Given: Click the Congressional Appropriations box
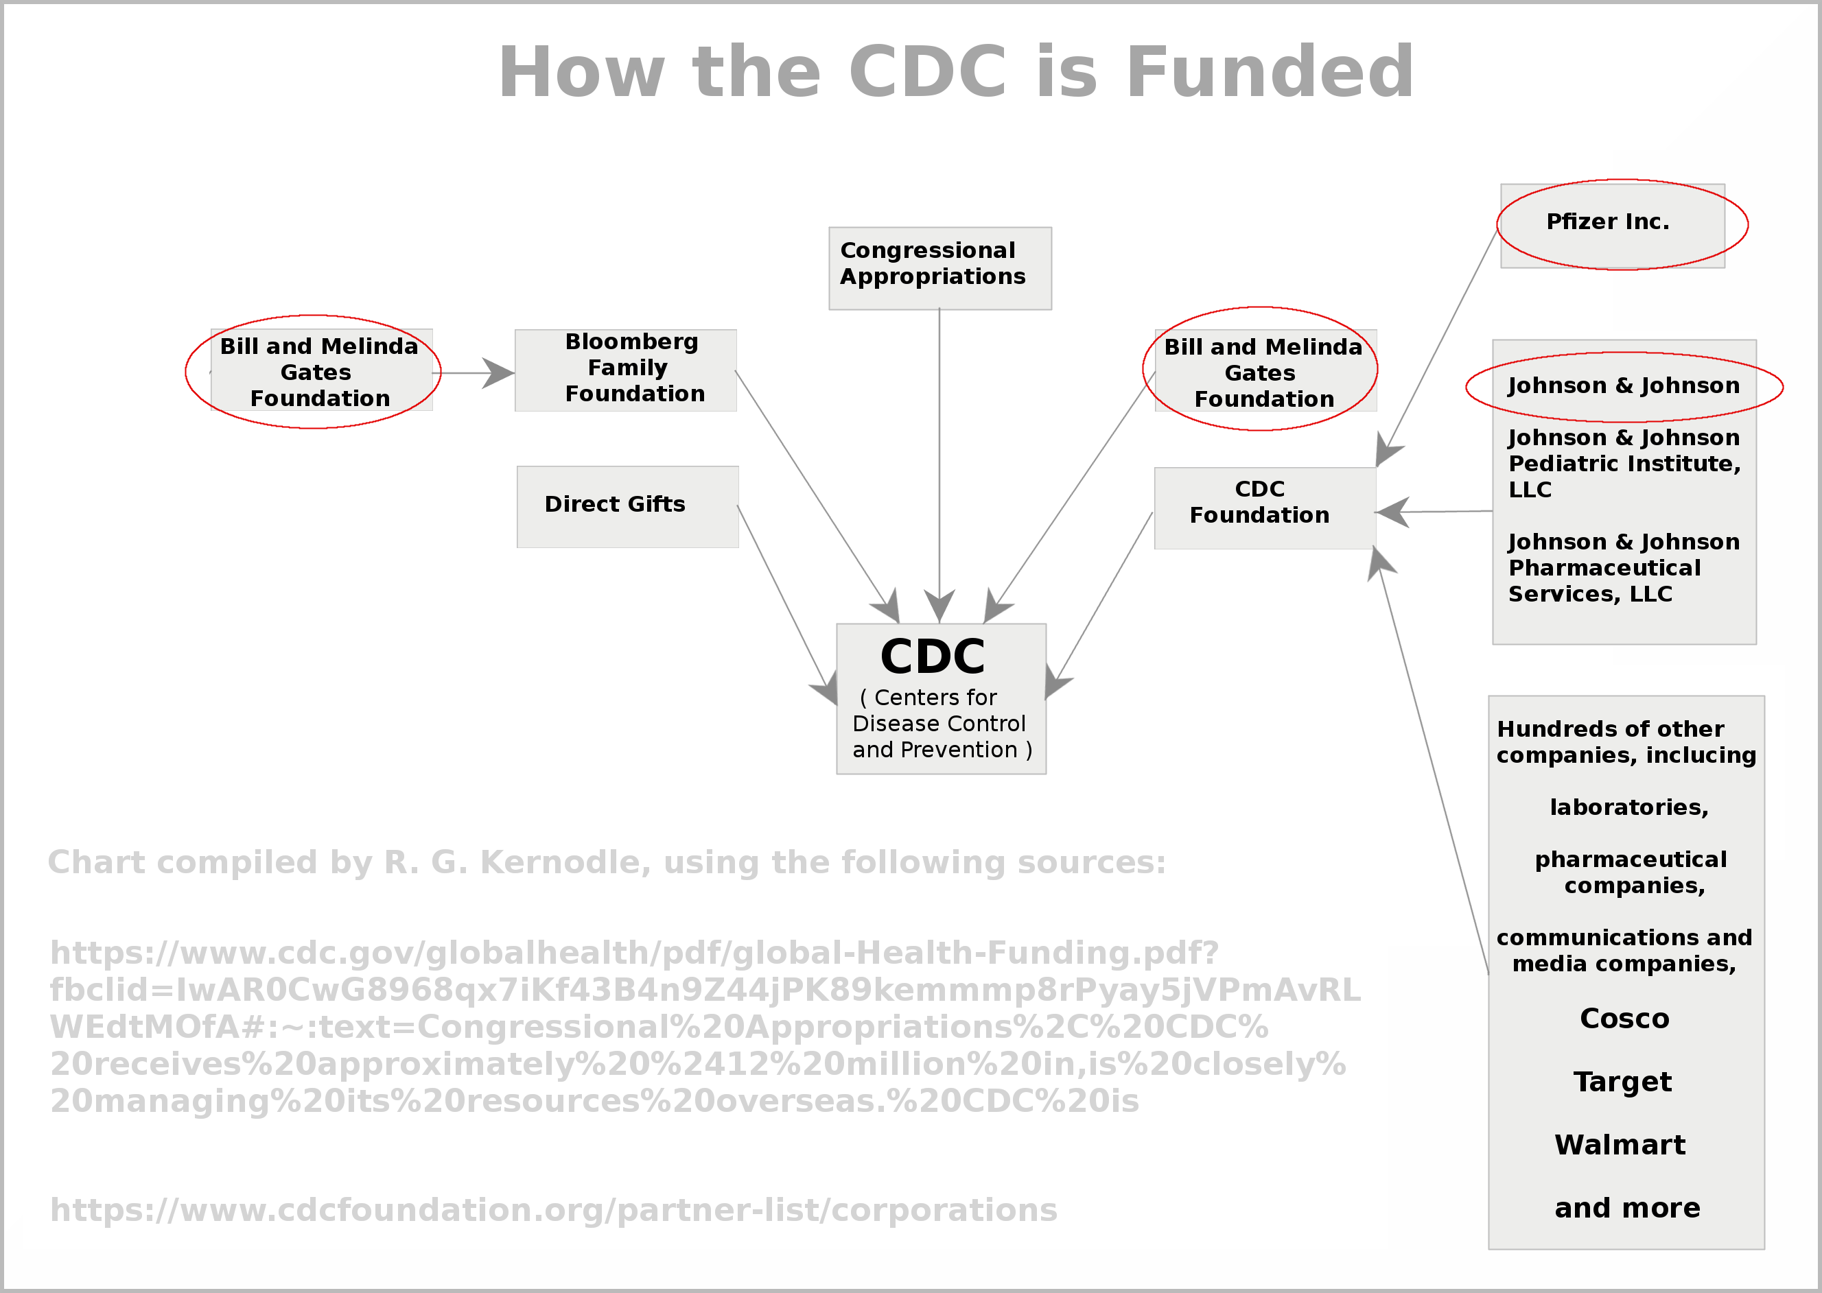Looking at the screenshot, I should click(x=939, y=268).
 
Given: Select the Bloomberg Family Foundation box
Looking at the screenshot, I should click(x=626, y=370).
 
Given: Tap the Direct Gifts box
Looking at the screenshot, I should click(x=627, y=506).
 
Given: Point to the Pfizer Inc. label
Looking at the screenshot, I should click(x=1608, y=222).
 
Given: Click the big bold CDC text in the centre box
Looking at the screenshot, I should click(x=933, y=657).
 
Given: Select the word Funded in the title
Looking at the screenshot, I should click(x=1270, y=73).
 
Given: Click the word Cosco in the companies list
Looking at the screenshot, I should click(x=1624, y=1019).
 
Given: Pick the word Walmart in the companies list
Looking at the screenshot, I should click(x=1620, y=1145).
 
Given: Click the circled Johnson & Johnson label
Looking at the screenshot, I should click(x=1624, y=386).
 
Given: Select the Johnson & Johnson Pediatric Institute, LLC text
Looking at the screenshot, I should click(x=1624, y=464).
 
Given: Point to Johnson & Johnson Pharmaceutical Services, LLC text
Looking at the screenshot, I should click(x=1624, y=568).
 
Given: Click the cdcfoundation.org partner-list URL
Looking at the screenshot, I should click(x=553, y=1210).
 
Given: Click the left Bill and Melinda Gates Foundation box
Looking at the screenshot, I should click(x=320, y=372).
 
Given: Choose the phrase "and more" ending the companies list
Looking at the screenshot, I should click(x=1627, y=1209).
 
